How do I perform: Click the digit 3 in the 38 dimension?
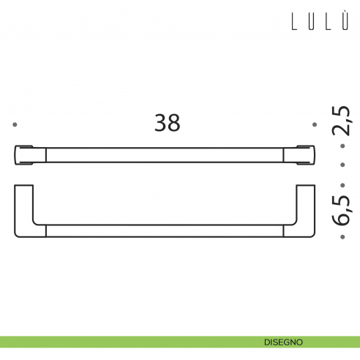coord(160,123)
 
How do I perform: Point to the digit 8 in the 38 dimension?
coord(174,123)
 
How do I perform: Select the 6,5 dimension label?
coord(342,206)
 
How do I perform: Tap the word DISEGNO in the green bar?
coord(285,342)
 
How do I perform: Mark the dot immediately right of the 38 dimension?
coord(315,124)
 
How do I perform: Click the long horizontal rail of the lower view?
coord(164,231)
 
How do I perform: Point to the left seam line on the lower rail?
coord(46,231)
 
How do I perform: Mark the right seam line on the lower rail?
coord(282,231)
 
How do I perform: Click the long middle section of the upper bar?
coord(164,154)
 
